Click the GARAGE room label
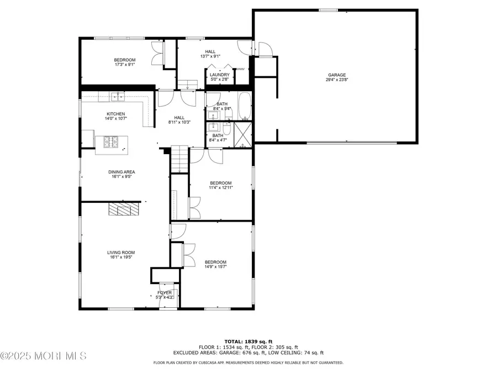click(336, 75)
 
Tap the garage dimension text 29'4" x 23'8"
click(336, 80)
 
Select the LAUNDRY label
click(219, 75)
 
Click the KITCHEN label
click(108, 114)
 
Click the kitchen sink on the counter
click(117, 98)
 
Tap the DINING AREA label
click(121, 172)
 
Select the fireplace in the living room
click(124, 208)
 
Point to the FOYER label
click(165, 292)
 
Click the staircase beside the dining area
click(177, 158)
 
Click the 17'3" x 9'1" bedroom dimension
click(125, 64)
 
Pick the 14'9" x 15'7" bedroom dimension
click(215, 267)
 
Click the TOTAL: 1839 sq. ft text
click(247, 341)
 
